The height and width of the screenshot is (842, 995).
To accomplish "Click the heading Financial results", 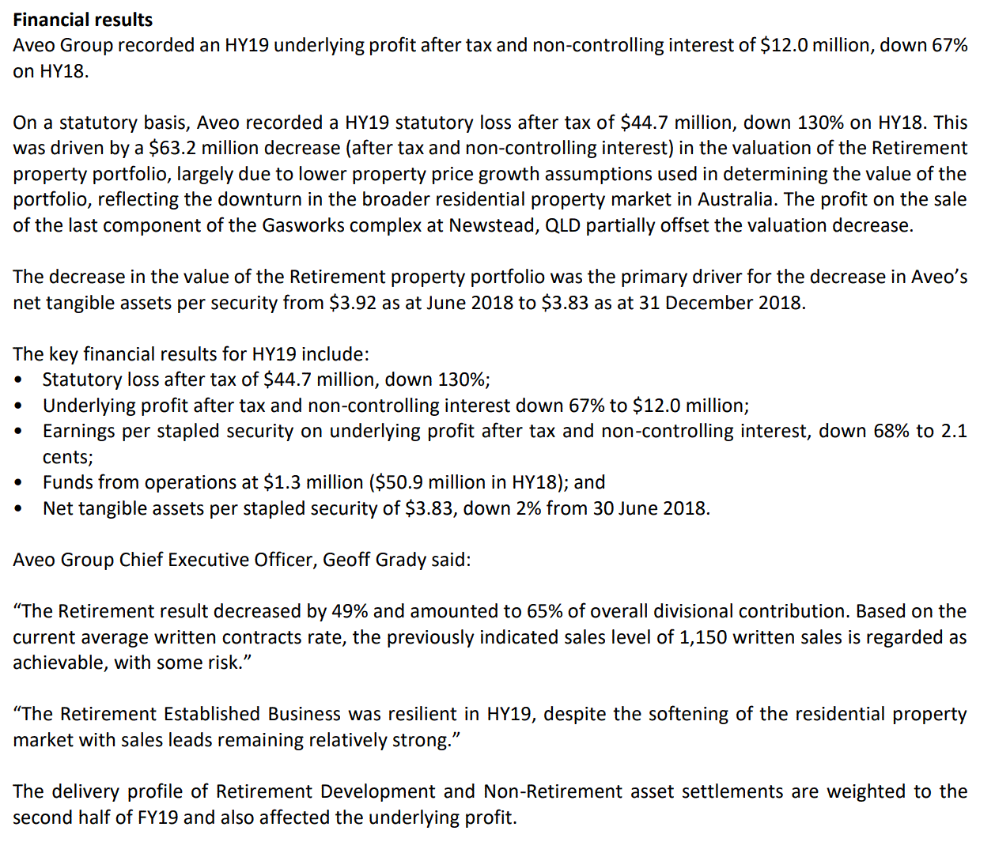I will point(83,20).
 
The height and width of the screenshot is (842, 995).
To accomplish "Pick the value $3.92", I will point(353,303).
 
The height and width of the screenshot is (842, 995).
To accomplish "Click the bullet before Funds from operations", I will point(18,483).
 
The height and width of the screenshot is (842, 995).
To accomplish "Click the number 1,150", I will point(703,637).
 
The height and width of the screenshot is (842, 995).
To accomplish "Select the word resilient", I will point(421,714).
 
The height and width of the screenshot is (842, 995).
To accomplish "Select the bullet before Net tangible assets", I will point(18,508).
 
